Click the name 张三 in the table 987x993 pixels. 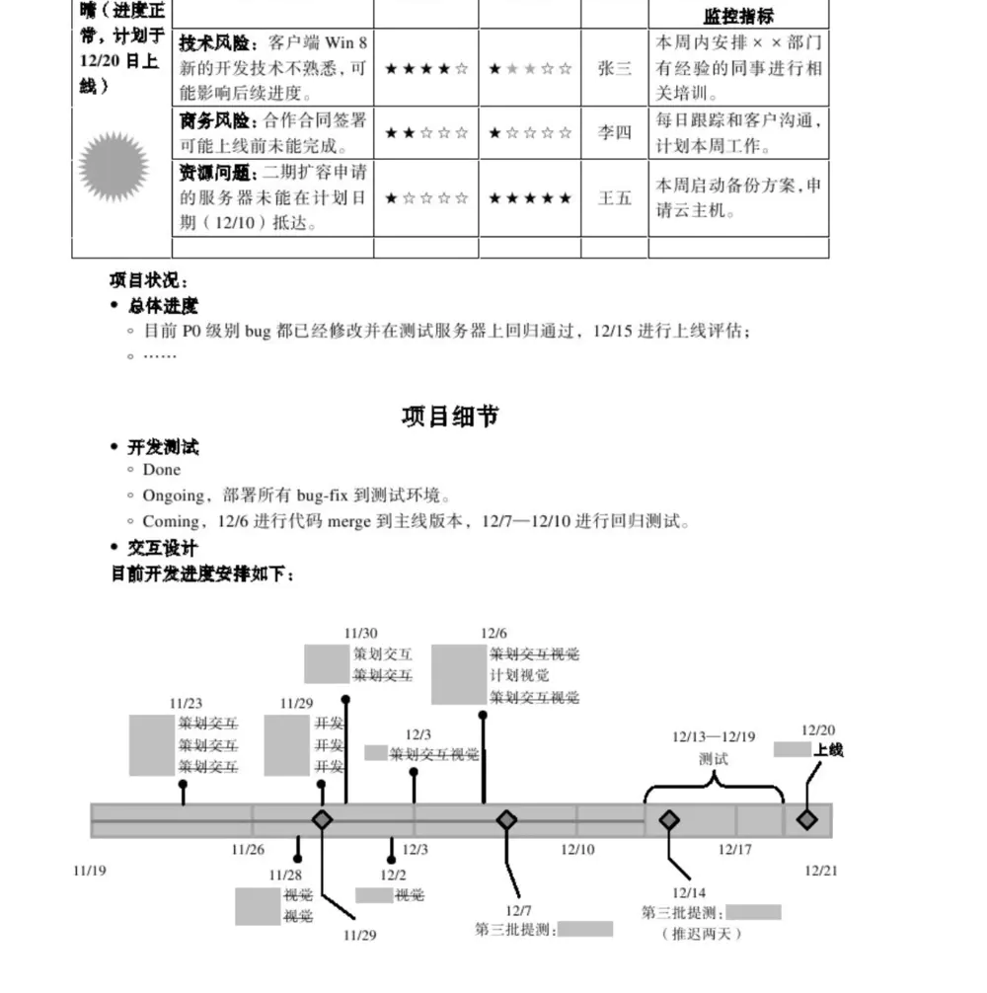(614, 69)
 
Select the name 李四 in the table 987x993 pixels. (614, 133)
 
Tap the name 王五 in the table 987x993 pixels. (614, 197)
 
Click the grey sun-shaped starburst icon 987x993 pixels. (114, 167)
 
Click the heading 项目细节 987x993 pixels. (450, 417)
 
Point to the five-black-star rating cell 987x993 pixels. (530, 198)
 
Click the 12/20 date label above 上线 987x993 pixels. (817, 730)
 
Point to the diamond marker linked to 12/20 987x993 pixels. (807, 819)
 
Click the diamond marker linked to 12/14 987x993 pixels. (669, 819)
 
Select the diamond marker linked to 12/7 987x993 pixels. (506, 819)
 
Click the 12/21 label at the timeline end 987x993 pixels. (820, 871)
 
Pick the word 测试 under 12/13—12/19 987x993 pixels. (713, 759)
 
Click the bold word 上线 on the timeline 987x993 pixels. (829, 750)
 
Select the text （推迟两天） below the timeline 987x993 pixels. (701, 934)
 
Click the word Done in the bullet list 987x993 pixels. (162, 470)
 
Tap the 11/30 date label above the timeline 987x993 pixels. (360, 634)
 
